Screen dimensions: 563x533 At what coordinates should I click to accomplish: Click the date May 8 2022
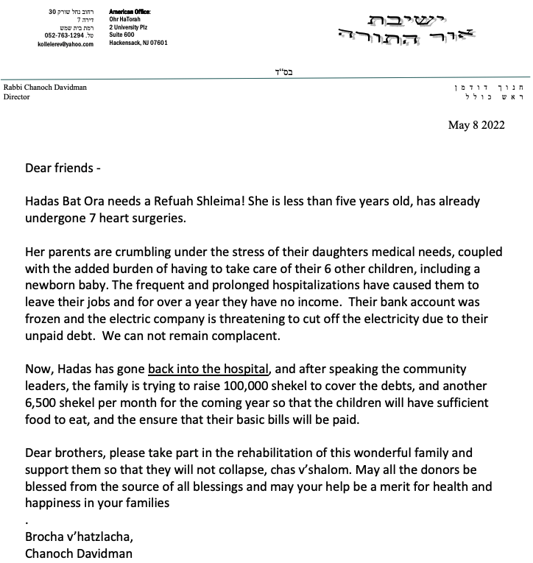tap(476, 125)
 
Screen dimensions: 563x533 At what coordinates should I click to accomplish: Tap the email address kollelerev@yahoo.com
tap(66, 44)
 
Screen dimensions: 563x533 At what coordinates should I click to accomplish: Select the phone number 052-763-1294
tap(63, 35)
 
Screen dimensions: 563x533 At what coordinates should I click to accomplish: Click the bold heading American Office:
tap(129, 13)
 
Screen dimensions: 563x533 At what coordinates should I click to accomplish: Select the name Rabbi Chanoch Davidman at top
tap(45, 88)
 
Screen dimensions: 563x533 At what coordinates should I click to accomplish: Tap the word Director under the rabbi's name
tap(16, 96)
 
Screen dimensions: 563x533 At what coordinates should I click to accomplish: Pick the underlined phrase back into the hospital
tap(210, 369)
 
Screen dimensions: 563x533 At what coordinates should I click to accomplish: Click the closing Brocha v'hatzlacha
tap(80, 537)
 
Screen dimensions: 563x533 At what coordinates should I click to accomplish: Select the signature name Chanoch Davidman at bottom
tap(79, 553)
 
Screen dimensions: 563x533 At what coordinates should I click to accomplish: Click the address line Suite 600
tap(122, 35)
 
